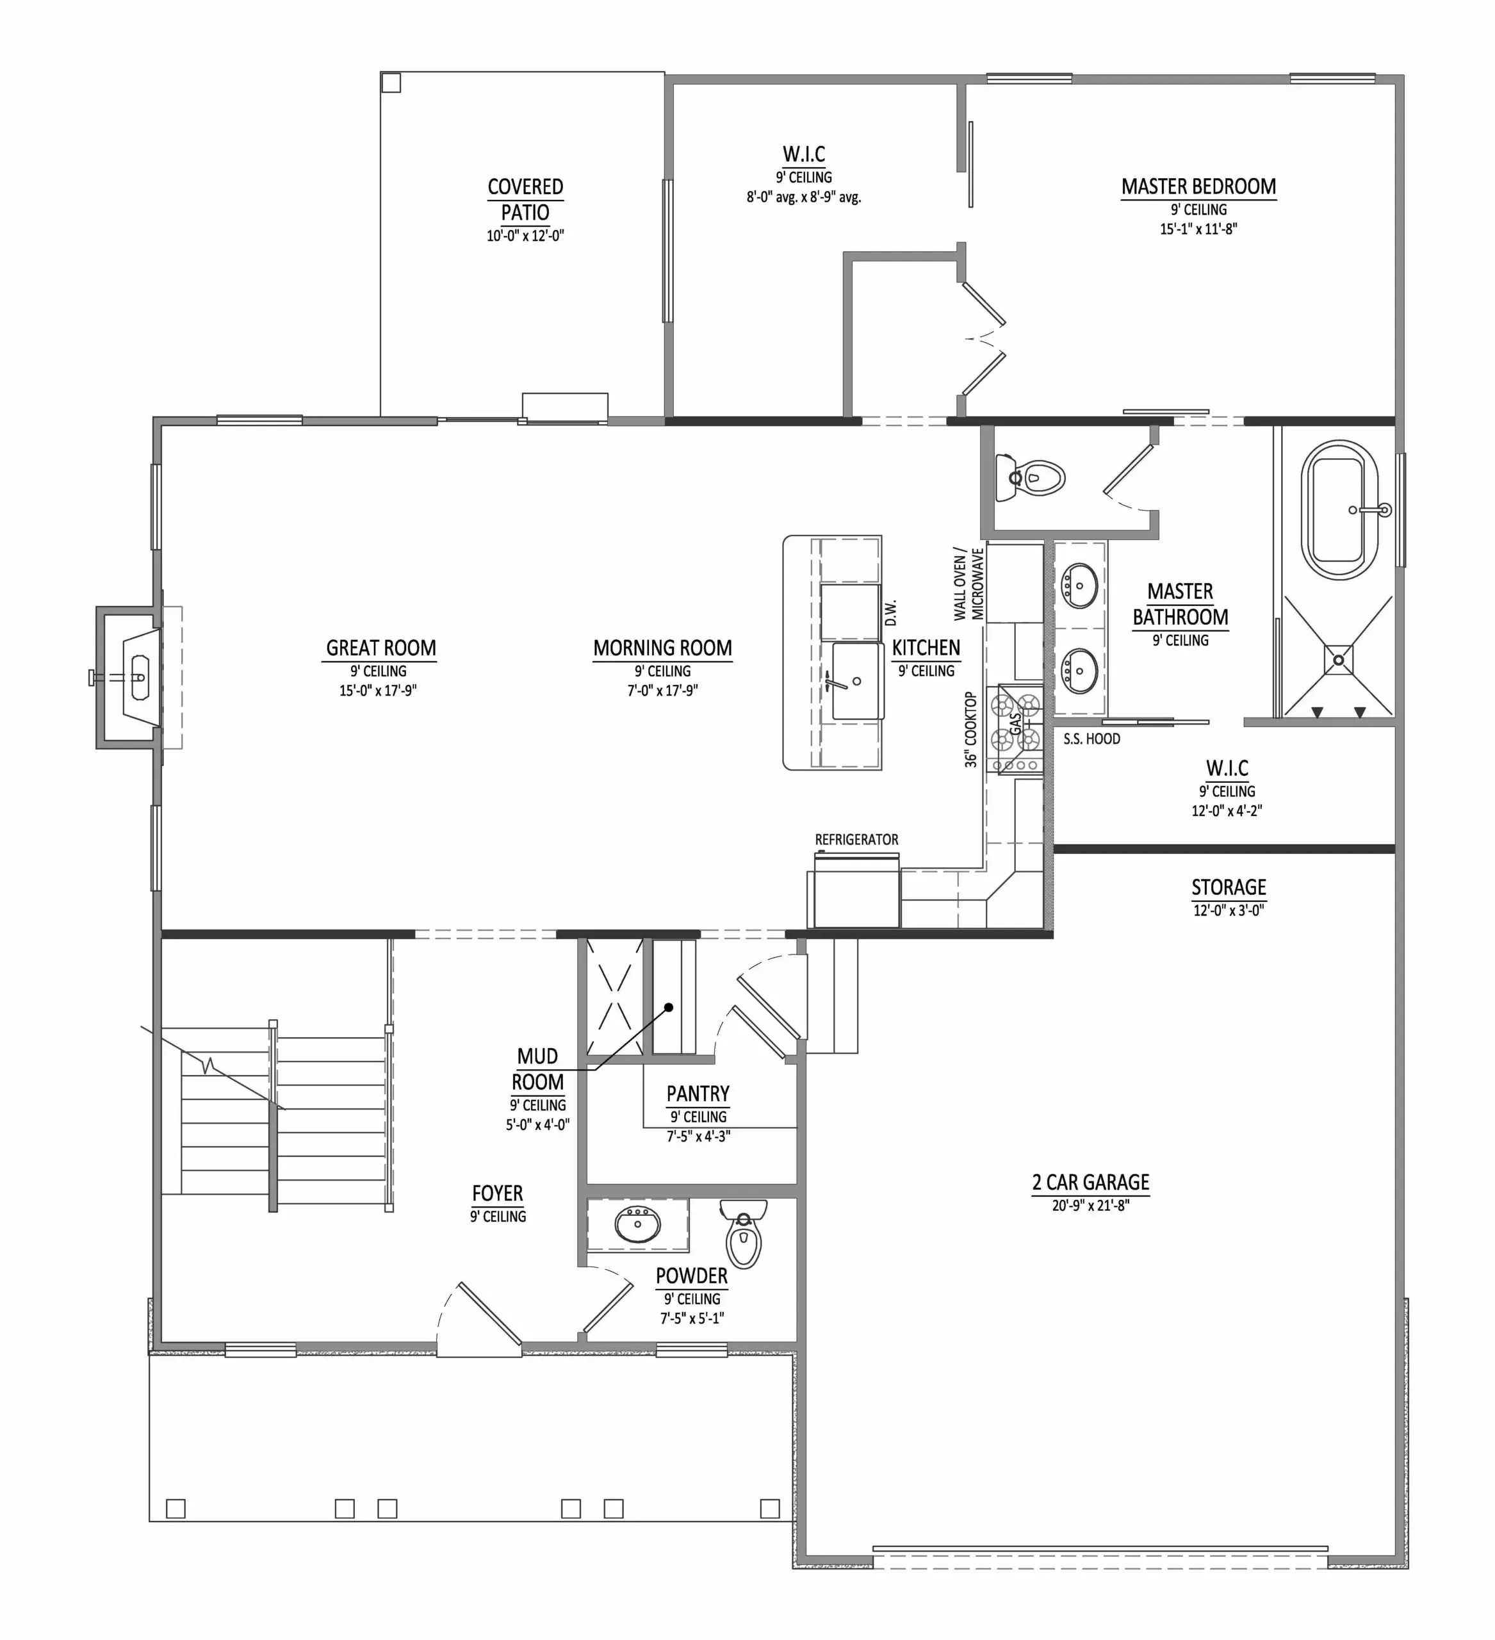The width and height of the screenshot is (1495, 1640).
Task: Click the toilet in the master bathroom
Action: (1034, 479)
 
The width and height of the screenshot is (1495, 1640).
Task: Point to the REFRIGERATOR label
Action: (856, 839)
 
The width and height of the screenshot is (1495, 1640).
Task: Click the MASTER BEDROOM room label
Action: (1198, 187)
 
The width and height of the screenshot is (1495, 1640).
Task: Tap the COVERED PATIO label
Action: (525, 199)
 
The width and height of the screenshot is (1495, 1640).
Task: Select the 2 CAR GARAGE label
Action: (1090, 1183)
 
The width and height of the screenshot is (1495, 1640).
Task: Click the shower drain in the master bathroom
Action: (1338, 660)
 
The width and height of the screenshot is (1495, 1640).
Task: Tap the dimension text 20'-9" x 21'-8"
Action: (1090, 1206)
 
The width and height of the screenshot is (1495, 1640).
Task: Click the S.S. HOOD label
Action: (1091, 739)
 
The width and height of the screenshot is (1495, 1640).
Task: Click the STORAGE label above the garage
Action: (1228, 887)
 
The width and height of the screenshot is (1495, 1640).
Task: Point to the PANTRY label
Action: (698, 1094)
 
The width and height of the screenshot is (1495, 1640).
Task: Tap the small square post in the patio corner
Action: (391, 82)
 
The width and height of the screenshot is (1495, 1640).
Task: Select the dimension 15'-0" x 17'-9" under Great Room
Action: (378, 691)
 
